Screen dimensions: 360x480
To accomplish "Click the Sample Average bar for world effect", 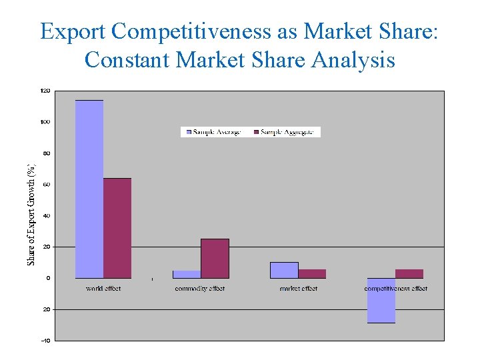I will point(89,189).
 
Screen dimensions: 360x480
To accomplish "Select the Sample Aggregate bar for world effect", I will point(117,228).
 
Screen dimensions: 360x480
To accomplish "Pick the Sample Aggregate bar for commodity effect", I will point(215,259).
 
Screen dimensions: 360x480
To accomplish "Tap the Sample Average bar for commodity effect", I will point(187,274).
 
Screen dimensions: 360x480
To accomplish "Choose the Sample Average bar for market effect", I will point(284,270).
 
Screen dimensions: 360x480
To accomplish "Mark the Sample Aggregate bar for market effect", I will point(312,274).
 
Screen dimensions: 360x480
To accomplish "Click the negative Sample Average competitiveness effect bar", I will point(381,301).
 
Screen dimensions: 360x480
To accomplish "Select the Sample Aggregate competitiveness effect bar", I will point(409,274).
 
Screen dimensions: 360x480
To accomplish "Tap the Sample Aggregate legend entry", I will point(286,132).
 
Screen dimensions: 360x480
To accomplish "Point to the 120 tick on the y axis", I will point(45,91).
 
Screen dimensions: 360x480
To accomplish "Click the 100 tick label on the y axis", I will point(45,122).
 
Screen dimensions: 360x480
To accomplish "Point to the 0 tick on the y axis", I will point(48,278).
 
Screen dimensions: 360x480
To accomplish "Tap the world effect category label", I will point(103,289).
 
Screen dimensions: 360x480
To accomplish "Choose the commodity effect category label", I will point(200,289).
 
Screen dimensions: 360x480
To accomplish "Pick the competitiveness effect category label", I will point(396,289).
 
